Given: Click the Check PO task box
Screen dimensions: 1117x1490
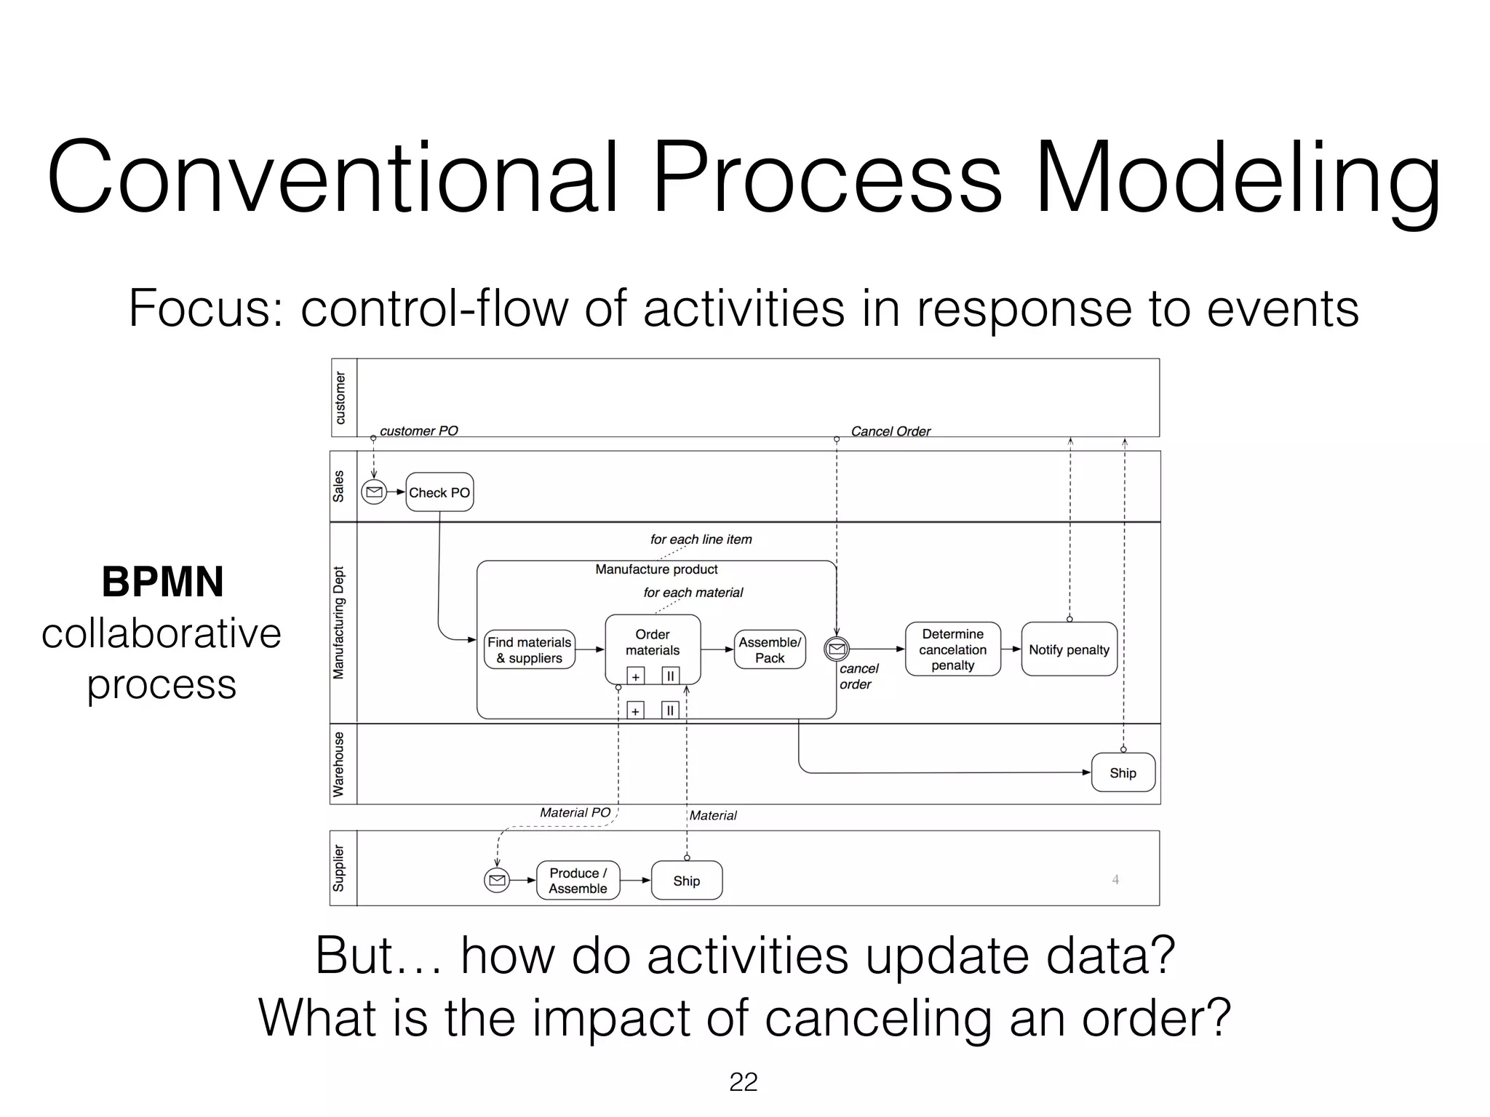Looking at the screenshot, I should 439,492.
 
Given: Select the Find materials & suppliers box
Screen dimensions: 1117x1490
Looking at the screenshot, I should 529,650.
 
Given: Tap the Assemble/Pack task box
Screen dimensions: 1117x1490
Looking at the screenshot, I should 770,650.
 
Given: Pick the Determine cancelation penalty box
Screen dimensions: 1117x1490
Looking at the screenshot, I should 952,649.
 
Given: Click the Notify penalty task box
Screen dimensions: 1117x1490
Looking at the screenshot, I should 1069,649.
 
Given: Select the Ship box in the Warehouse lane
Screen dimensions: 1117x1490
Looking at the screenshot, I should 1123,773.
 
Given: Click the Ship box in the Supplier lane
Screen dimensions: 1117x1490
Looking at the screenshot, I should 686,881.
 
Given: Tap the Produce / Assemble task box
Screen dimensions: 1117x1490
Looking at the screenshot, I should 578,881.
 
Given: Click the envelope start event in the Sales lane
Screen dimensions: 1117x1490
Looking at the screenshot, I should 374,492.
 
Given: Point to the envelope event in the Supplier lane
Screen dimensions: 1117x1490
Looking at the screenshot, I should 497,881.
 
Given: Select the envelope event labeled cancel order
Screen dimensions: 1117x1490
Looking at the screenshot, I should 837,649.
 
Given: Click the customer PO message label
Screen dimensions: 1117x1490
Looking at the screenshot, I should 419,431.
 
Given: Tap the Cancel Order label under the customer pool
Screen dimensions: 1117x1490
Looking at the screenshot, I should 891,431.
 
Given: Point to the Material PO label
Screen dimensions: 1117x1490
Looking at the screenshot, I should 575,812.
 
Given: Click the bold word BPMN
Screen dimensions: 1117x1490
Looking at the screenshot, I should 162,582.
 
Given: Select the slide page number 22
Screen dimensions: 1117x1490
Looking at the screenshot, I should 743,1082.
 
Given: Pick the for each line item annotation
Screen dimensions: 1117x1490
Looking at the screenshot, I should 701,539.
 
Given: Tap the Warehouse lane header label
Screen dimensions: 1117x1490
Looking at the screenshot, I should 339,764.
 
